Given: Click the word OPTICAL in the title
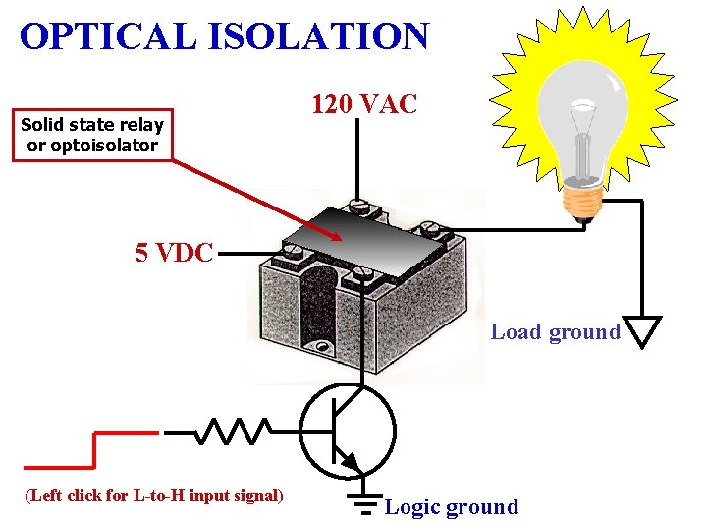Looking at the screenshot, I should (108, 36).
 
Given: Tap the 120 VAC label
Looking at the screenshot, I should (364, 103).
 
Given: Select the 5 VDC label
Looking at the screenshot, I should (173, 253).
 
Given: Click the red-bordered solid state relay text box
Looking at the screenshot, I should (93, 135).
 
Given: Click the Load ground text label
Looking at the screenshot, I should (555, 332).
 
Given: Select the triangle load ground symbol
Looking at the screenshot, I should (643, 332).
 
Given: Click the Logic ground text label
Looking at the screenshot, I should (451, 507).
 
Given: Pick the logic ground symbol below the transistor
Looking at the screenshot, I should (364, 502).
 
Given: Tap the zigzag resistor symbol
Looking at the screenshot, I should (235, 431).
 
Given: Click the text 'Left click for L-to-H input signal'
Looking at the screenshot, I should (153, 495).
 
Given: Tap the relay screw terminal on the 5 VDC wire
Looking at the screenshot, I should (292, 252).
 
